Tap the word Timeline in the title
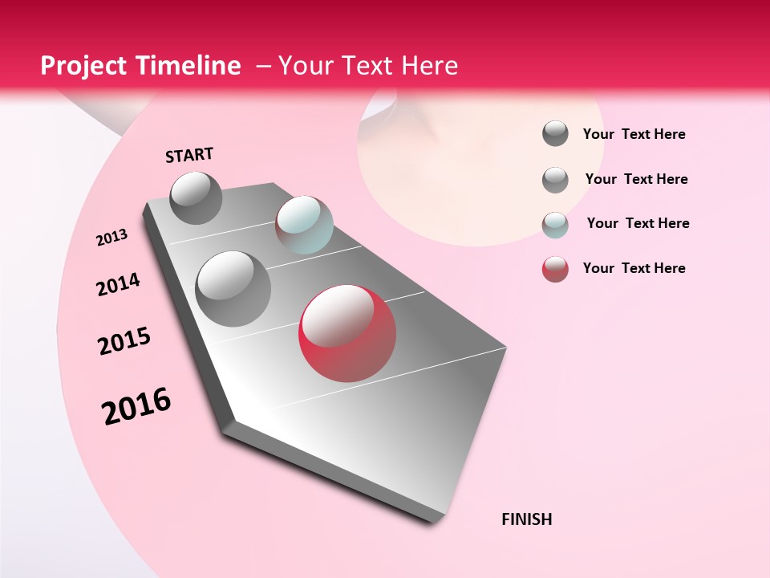coord(192,66)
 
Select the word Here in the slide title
coord(429,66)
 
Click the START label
coord(189,155)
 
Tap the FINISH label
coord(527,519)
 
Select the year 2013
coord(111,238)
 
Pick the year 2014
coord(118,284)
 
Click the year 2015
coord(124,341)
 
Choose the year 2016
coord(136,406)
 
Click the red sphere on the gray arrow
coord(347,332)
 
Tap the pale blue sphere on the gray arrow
coord(304,225)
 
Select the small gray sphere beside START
coord(196,197)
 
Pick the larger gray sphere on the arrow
coord(233,288)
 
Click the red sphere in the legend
coord(555,269)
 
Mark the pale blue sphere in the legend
coord(555,224)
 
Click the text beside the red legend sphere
coord(634,268)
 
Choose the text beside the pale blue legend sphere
coord(638,223)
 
